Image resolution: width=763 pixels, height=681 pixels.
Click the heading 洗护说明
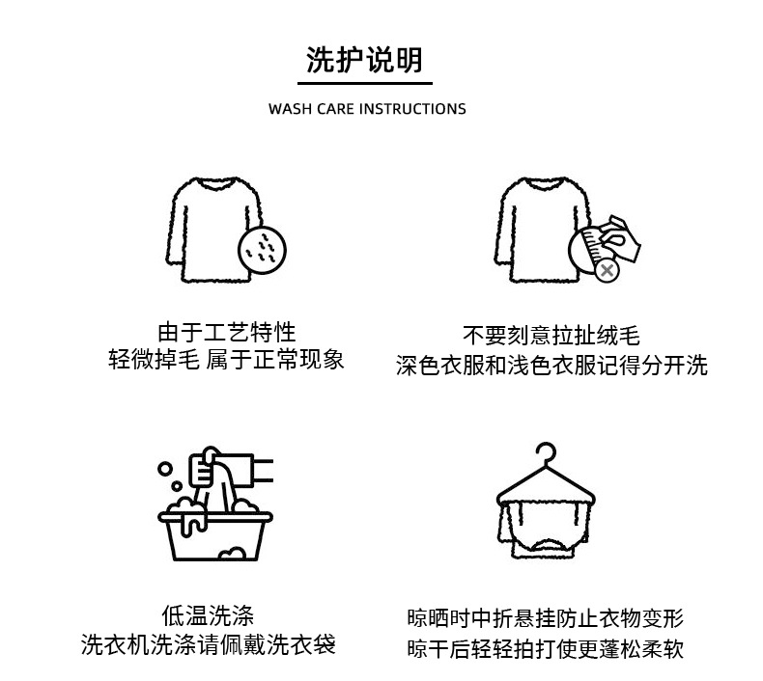[x=364, y=60]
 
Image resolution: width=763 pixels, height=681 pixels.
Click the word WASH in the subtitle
[x=290, y=109]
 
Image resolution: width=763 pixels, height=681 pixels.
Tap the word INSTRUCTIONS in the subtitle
[x=412, y=109]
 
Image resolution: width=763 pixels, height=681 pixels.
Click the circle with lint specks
[x=263, y=249]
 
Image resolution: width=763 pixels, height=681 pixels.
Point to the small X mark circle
[x=607, y=271]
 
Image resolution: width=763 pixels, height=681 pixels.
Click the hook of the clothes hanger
[x=547, y=455]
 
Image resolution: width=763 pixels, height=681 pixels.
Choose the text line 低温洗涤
[x=209, y=615]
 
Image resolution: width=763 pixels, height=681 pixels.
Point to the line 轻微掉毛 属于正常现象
[x=226, y=361]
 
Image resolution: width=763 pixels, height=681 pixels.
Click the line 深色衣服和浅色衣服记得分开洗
[x=551, y=366]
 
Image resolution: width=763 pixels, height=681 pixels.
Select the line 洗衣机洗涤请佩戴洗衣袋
[x=209, y=644]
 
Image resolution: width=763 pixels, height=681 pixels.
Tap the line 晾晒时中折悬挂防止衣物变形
[x=546, y=618]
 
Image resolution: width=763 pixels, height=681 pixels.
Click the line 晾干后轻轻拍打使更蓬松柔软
[x=546, y=648]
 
